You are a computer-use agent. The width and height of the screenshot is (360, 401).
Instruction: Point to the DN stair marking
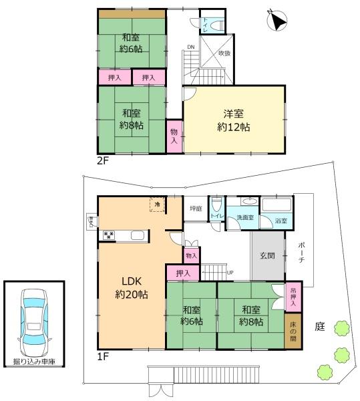[x=190, y=47]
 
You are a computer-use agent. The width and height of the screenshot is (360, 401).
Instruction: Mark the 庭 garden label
[x=319, y=326]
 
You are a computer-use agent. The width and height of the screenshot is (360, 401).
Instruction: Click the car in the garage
[x=35, y=322]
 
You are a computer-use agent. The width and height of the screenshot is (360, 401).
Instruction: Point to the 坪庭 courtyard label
[x=195, y=208]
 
